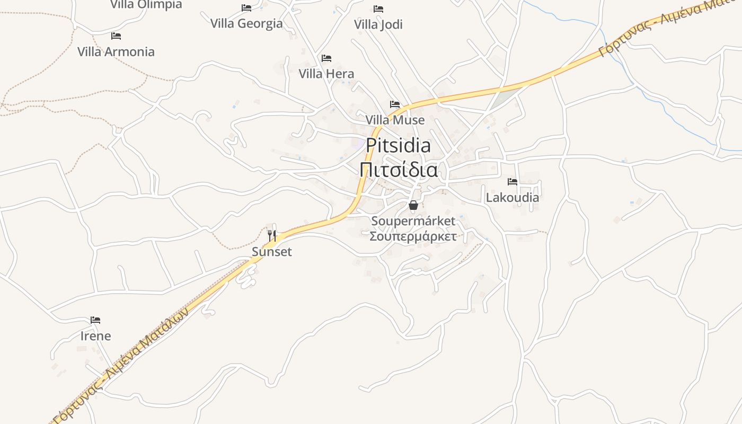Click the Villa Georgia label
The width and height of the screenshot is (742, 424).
(x=246, y=23)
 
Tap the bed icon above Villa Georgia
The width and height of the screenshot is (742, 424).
(x=246, y=8)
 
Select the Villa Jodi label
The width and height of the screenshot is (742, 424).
(x=378, y=24)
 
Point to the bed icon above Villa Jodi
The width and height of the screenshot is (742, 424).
(x=378, y=9)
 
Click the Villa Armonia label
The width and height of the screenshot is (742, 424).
(x=116, y=51)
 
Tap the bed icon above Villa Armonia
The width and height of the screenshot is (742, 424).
(x=116, y=36)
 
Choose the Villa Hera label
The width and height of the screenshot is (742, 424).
(x=326, y=73)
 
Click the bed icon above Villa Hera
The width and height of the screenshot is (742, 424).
(x=326, y=58)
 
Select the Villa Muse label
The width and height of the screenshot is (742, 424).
(x=395, y=120)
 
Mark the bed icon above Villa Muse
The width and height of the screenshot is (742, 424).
(x=395, y=104)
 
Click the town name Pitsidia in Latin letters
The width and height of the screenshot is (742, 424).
(x=398, y=145)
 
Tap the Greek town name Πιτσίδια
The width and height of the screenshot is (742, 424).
(x=399, y=170)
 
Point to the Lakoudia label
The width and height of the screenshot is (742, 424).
(x=513, y=197)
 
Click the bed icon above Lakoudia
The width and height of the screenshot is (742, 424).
(x=513, y=182)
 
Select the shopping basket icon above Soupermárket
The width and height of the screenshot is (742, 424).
(x=413, y=205)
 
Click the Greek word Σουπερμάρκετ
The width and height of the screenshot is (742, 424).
(x=413, y=236)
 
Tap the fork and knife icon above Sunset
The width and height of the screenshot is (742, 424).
(x=272, y=236)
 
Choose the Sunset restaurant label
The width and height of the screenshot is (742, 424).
(x=272, y=252)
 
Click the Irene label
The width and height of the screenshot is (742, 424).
(x=95, y=335)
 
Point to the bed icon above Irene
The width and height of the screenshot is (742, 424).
(x=95, y=320)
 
